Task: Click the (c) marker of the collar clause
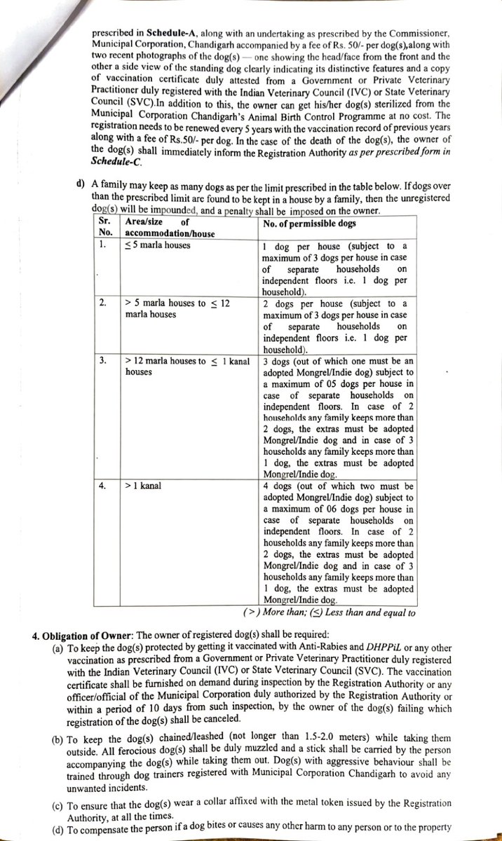pyautogui.click(x=60, y=802)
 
